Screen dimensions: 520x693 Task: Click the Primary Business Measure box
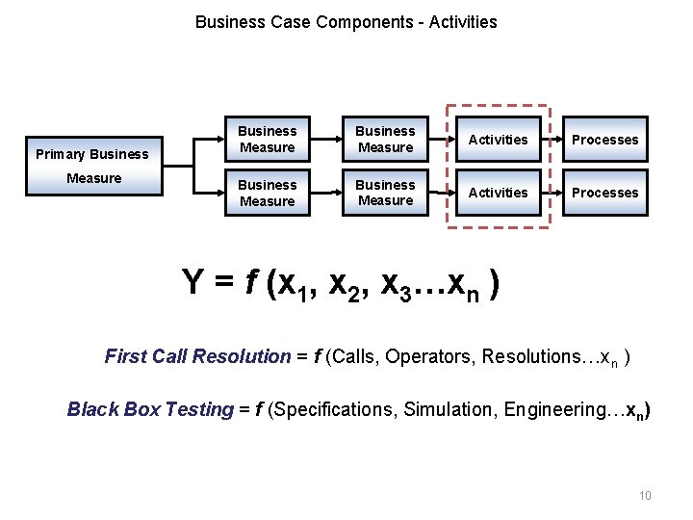[x=91, y=166]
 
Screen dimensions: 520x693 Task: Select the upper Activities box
[x=498, y=140]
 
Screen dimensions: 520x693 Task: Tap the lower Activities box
[x=498, y=193]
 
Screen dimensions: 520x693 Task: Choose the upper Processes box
[x=604, y=140]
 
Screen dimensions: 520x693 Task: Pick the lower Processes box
[x=604, y=193]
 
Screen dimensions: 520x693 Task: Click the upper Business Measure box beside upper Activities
[x=385, y=140]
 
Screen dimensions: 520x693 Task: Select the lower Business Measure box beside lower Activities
[x=385, y=193]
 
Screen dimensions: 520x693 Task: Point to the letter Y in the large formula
[x=193, y=281]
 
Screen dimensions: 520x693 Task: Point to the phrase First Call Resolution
[x=196, y=357]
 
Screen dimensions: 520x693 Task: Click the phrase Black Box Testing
[x=149, y=409]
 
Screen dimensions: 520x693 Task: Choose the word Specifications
[x=333, y=409]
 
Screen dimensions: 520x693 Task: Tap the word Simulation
[x=442, y=409]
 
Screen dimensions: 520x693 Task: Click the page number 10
[x=645, y=496]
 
